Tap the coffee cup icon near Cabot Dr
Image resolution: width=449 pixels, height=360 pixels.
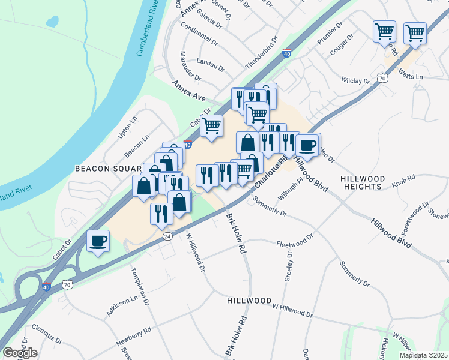click(x=98, y=241)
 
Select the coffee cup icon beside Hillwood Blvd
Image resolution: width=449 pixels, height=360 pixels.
click(x=308, y=145)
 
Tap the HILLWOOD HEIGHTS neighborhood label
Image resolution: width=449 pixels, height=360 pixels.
click(x=360, y=182)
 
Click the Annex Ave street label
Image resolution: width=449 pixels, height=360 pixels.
click(x=190, y=90)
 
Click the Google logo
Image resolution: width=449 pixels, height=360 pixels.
click(x=20, y=353)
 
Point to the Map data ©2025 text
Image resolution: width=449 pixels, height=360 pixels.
click(x=423, y=355)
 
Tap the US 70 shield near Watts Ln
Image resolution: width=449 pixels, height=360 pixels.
click(x=382, y=78)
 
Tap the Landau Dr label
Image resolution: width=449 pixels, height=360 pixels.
click(x=210, y=64)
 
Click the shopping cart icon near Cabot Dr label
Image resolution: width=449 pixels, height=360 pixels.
click(x=211, y=126)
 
